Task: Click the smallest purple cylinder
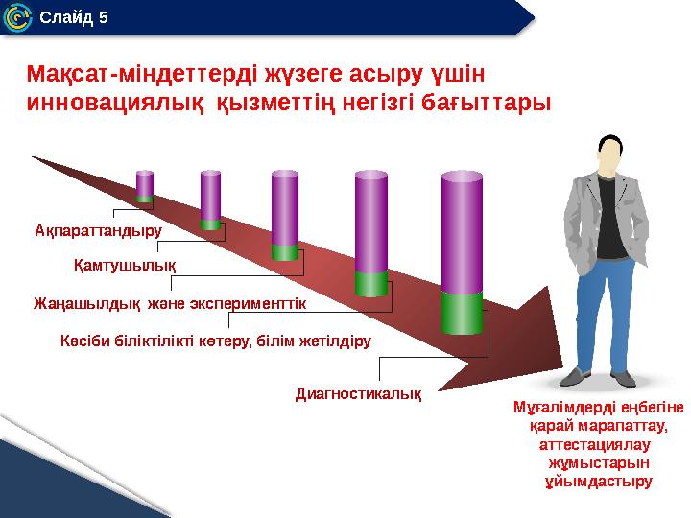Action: tap(144, 185)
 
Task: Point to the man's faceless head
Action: tap(607, 154)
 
